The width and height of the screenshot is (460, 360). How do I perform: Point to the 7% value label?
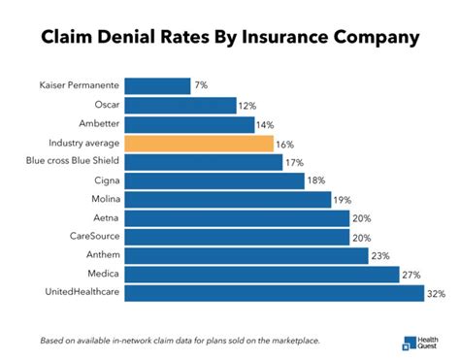[201, 86]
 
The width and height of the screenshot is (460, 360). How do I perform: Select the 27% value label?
[411, 275]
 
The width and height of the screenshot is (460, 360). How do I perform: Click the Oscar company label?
[104, 106]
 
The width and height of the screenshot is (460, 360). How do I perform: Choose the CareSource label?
[92, 237]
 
